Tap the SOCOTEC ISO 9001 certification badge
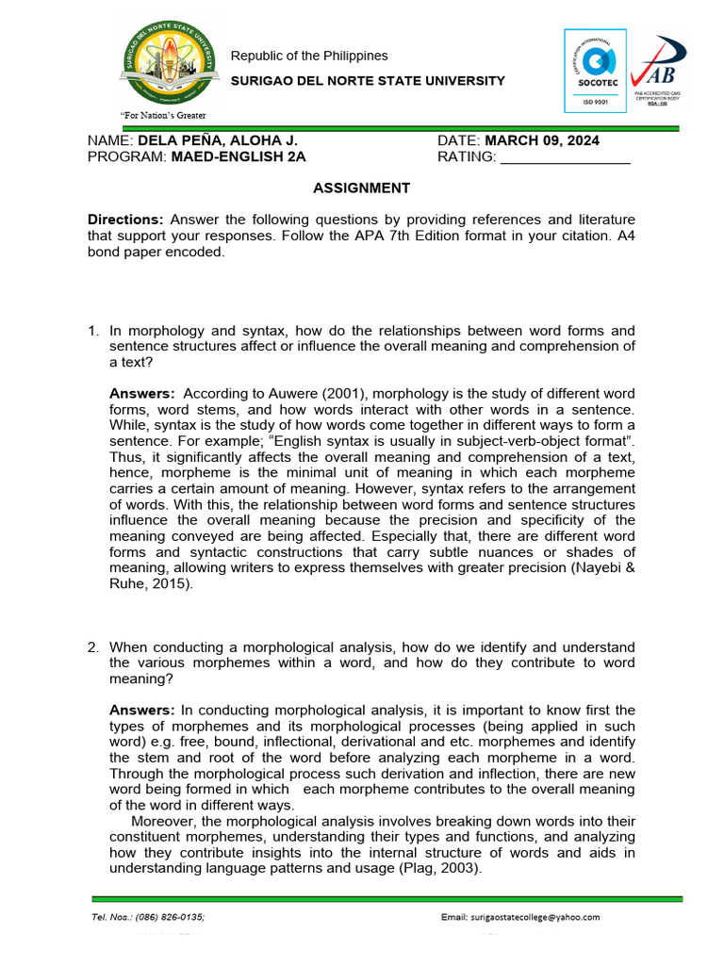[595, 71]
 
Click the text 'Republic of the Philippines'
[309, 56]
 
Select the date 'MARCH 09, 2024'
[542, 140]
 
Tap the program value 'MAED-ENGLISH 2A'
[239, 156]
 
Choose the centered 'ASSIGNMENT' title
[361, 188]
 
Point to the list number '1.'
[93, 331]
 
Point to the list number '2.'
[93, 647]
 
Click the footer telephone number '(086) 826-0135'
[170, 917]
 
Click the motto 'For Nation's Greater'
[160, 116]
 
